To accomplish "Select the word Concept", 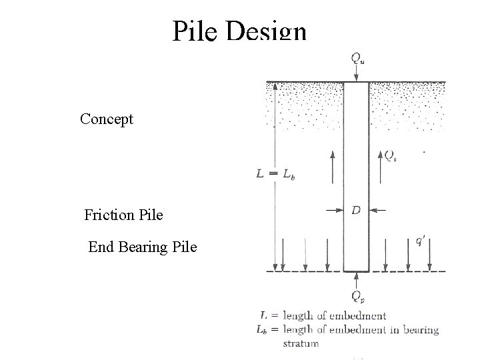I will click(107, 119).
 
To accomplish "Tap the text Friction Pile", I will click(123, 215).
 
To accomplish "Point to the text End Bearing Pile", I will click(143, 247).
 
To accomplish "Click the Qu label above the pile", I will click(358, 57).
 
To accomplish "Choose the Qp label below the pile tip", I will click(358, 297).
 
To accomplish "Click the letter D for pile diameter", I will click(356, 211).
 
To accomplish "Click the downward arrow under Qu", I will click(357, 75).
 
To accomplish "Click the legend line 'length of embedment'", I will click(334, 316).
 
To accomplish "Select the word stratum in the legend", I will click(301, 343).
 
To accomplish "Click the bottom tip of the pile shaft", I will click(357, 271).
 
